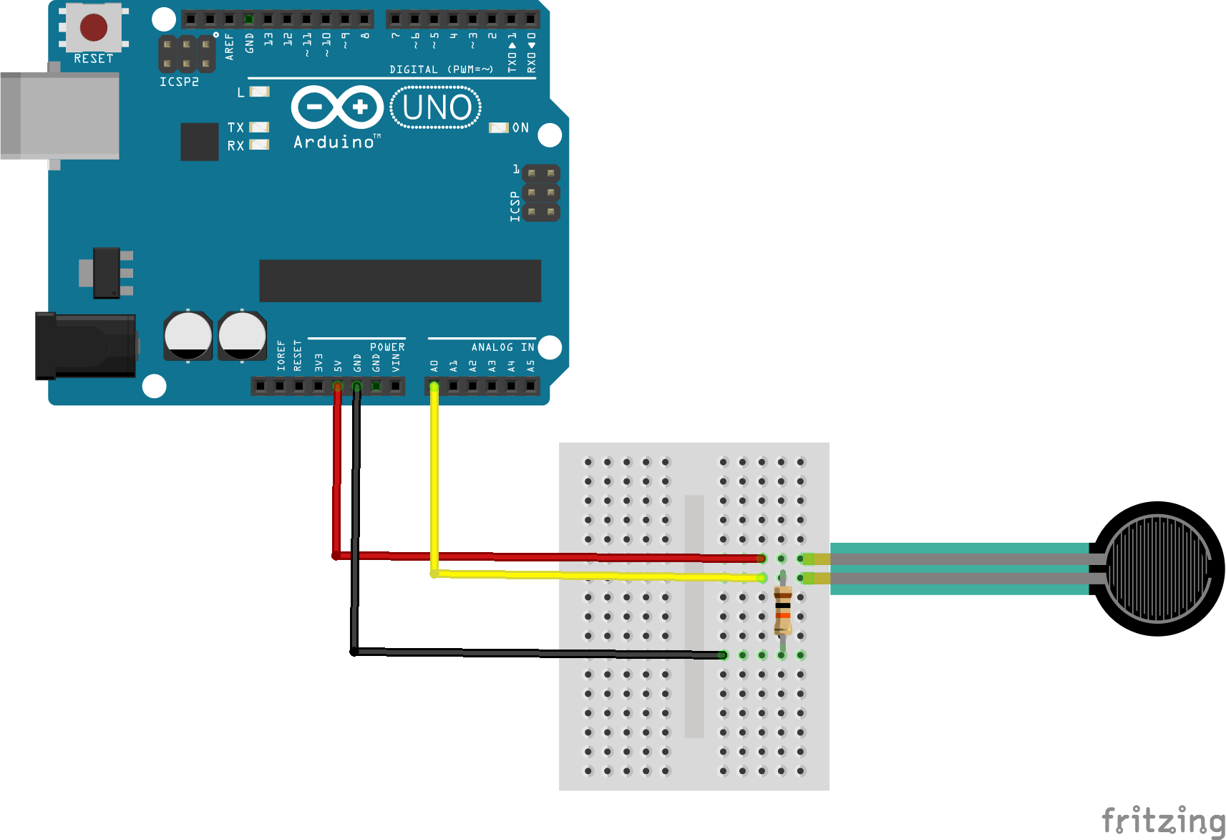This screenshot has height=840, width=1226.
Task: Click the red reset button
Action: pos(94,27)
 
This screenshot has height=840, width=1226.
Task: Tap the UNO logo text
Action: pos(437,108)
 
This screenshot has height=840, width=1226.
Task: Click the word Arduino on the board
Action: pos(334,142)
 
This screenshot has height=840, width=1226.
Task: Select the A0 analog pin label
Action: pos(434,366)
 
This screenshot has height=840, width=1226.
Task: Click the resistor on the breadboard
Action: pos(783,610)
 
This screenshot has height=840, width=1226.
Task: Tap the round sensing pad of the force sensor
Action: pos(1157,569)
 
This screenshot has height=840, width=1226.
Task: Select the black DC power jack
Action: pos(84,346)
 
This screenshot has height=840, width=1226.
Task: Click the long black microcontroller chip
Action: pos(399,281)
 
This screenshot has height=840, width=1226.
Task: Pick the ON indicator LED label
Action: pos(520,128)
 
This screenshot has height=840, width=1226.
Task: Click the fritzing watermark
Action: pos(1163,820)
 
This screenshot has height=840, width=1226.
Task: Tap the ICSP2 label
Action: pos(179,82)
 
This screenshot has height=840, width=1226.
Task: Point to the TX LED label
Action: pos(235,127)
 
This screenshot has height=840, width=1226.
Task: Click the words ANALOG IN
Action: pos(502,347)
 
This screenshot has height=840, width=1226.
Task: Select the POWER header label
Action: pos(387,347)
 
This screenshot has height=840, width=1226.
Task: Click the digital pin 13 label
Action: pos(268,39)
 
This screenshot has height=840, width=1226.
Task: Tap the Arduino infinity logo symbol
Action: pos(337,107)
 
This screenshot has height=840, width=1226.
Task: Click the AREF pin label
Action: pos(230,46)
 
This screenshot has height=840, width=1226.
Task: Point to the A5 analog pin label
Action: pos(531,366)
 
